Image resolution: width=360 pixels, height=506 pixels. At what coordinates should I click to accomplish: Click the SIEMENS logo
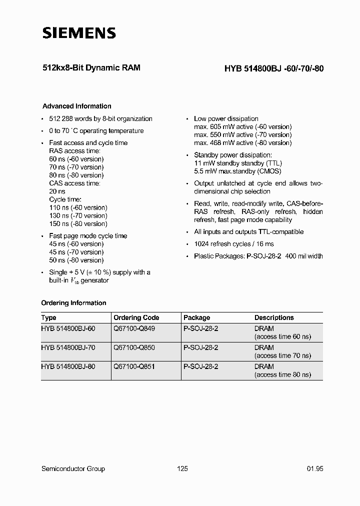point(79,33)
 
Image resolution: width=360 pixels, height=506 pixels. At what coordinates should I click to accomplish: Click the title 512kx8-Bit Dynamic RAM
point(91,67)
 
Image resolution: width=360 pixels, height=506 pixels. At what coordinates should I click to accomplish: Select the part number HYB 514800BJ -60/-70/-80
point(270,69)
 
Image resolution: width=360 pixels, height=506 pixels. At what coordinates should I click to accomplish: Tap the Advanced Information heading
point(76,106)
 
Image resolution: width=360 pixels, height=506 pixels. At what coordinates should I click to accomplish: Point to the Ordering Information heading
point(73,303)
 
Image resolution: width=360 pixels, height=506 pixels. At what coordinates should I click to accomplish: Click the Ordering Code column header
point(136,317)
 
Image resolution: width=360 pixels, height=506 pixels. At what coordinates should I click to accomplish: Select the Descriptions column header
point(273,317)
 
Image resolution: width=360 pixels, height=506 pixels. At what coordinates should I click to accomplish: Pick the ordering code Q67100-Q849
point(134,328)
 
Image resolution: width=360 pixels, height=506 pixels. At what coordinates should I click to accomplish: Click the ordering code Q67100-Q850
point(134,347)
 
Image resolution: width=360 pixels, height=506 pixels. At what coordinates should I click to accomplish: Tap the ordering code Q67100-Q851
point(134,366)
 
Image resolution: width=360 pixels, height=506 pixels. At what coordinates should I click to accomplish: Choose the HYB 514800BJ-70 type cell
point(68,347)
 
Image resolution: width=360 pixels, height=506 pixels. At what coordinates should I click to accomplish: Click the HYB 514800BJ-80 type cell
point(68,366)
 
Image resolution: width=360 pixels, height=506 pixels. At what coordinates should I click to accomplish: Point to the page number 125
point(182,468)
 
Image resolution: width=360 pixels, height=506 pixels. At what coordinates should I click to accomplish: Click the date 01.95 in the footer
point(314,468)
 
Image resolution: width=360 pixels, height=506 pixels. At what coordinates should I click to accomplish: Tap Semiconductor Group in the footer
point(73,468)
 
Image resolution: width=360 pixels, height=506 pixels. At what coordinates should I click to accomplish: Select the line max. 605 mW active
point(242,127)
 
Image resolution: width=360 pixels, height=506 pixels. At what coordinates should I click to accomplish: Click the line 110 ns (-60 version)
point(78,207)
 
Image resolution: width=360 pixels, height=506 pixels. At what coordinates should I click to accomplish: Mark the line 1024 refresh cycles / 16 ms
point(234,244)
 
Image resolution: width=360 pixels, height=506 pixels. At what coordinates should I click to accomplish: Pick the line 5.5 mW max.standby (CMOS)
point(237,171)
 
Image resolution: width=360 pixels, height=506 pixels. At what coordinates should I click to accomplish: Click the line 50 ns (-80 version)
point(76,260)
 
